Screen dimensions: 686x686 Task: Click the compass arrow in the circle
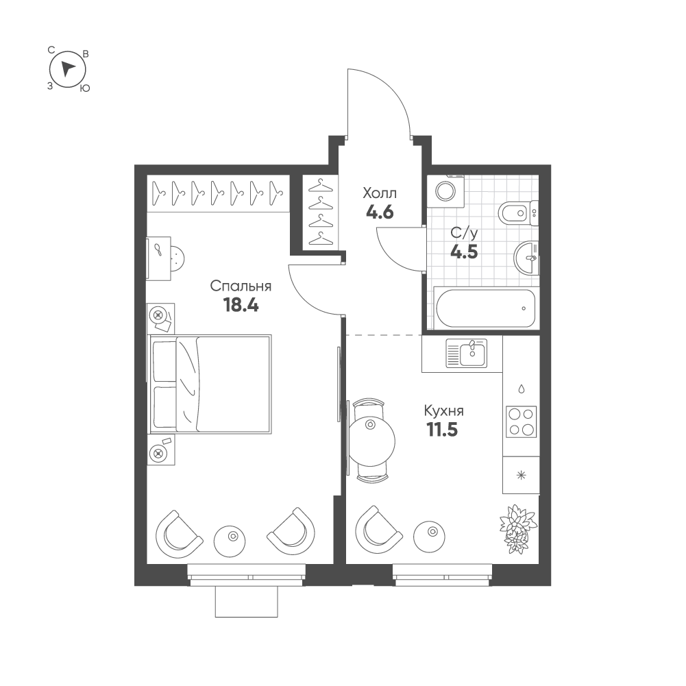[67, 69]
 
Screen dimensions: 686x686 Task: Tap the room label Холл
[380, 193]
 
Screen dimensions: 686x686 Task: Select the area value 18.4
[241, 305]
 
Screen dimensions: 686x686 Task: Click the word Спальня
[241, 286]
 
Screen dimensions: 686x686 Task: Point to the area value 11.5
[442, 430]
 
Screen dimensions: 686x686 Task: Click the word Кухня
[443, 411]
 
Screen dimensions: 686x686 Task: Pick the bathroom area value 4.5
[464, 252]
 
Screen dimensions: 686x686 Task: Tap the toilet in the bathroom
[518, 214]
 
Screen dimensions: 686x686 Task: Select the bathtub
[486, 308]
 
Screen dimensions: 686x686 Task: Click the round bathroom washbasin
[526, 258]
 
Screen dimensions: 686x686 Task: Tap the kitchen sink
[467, 354]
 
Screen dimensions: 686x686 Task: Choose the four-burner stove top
[521, 421]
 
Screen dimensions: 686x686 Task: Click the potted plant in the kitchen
[518, 528]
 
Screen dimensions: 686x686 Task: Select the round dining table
[372, 440]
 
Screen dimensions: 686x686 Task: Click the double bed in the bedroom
[211, 384]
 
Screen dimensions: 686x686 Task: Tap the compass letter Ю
[85, 88]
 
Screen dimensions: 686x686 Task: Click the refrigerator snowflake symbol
[521, 475]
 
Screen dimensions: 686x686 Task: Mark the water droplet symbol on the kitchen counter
[521, 389]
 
